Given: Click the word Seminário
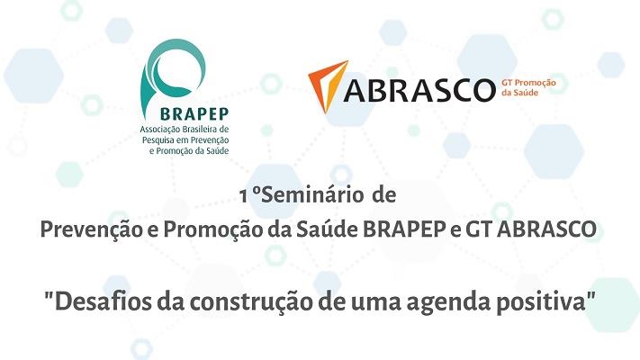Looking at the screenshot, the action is coord(312,195).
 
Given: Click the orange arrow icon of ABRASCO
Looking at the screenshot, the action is coord(329,85).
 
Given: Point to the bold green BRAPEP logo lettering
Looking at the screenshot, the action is coord(194,114).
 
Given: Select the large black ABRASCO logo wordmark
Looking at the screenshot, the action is coord(419,90).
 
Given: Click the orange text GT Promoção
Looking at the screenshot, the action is coord(528,83).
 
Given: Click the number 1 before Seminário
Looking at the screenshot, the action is coord(244,196).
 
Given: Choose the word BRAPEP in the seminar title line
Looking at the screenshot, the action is coord(404,229).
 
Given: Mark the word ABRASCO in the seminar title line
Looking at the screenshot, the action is coord(547,229).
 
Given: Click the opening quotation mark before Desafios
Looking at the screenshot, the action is coord(49,295).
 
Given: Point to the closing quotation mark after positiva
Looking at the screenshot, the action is coord(590,295).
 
